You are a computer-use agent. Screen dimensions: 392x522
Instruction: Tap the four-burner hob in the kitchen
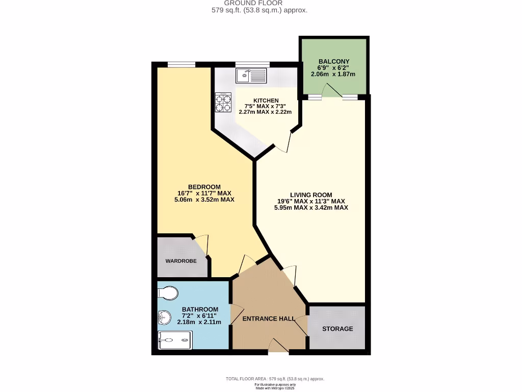click(223, 102)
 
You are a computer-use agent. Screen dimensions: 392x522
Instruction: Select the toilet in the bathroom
click(168, 293)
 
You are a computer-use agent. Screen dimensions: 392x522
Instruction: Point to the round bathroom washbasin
click(165, 317)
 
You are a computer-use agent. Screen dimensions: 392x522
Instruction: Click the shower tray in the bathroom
click(175, 339)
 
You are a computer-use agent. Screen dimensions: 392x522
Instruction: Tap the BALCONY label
click(333, 61)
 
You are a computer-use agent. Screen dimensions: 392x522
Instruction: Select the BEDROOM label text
click(204, 186)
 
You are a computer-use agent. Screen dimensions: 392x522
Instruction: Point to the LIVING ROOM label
click(311, 194)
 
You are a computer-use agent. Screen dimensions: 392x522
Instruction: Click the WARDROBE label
click(180, 261)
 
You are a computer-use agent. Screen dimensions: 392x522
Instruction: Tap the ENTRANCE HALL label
click(268, 318)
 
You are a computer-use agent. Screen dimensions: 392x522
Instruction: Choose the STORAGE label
click(337, 329)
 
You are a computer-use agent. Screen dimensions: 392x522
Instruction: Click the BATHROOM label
click(200, 309)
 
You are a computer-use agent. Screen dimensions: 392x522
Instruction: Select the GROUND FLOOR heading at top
click(260, 3)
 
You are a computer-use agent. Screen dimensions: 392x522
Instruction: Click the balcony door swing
click(334, 90)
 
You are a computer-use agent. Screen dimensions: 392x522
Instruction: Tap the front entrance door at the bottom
click(278, 348)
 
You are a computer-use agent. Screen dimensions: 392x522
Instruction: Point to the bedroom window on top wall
click(181, 64)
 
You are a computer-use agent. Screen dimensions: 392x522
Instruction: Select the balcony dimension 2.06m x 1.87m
click(333, 74)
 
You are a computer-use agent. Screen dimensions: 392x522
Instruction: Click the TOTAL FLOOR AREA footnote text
click(275, 379)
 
